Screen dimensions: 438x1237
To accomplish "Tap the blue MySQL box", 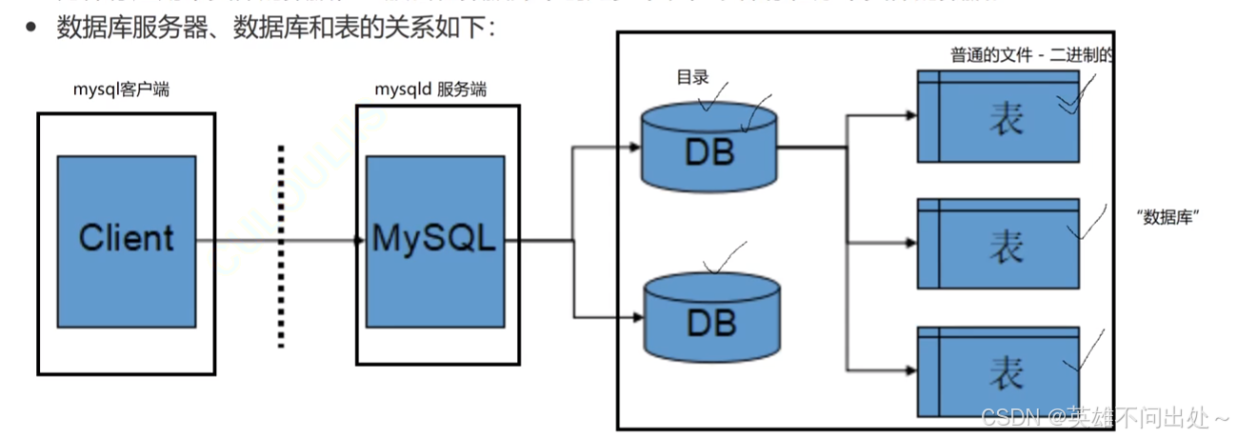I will (435, 237).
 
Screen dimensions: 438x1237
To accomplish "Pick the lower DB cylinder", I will (709, 318).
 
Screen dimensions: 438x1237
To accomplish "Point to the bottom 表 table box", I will (998, 370).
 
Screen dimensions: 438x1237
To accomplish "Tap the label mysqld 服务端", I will (430, 90).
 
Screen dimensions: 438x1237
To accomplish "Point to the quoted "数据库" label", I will (1167, 217).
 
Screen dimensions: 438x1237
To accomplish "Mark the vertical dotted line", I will (281, 246).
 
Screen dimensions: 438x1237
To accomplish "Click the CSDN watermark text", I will (1105, 418).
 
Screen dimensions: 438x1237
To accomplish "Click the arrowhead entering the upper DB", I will (633, 148).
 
